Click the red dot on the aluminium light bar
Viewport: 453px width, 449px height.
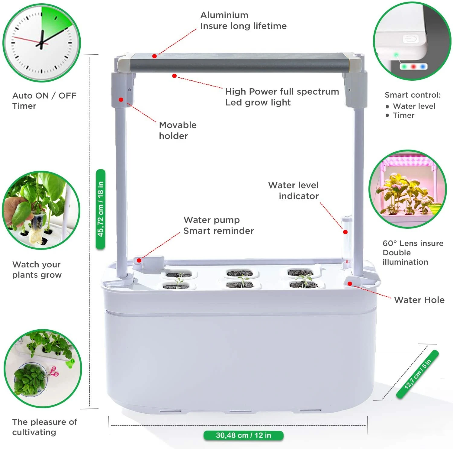coord(154,56)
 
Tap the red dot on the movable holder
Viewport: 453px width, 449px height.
coord(121,100)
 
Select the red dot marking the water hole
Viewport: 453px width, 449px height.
coord(350,283)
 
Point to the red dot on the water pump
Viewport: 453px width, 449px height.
coord(139,260)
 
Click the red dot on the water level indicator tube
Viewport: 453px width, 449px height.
coord(345,232)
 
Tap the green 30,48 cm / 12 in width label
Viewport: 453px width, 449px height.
coord(243,435)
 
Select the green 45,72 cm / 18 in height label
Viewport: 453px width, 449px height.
coord(101,209)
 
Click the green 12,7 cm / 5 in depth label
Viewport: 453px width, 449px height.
coord(417,374)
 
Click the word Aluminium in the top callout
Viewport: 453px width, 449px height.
coord(224,15)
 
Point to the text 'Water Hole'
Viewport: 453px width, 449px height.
coord(419,300)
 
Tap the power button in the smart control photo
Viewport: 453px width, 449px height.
coord(410,39)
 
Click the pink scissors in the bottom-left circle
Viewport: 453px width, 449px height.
coord(54,372)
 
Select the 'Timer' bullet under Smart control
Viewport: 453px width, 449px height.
coord(403,115)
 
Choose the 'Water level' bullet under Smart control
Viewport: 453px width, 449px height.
coord(414,106)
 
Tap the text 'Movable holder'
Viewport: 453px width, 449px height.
coord(178,131)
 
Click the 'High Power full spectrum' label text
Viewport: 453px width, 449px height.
coord(282,92)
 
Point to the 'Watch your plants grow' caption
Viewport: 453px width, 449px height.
coord(37,270)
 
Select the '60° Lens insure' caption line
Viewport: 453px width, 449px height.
coord(413,243)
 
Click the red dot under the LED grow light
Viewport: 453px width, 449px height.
coord(174,76)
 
